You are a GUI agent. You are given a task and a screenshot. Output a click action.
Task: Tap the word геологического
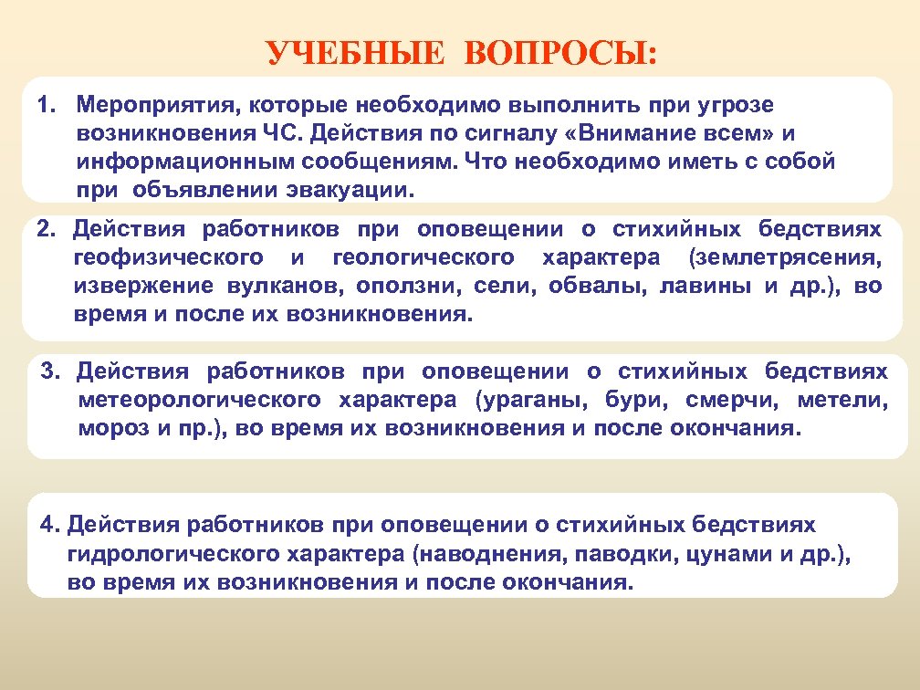coord(423,256)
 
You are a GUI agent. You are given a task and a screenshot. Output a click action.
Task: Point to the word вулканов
coord(279,286)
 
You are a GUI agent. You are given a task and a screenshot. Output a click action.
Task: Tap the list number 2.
coord(47,227)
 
